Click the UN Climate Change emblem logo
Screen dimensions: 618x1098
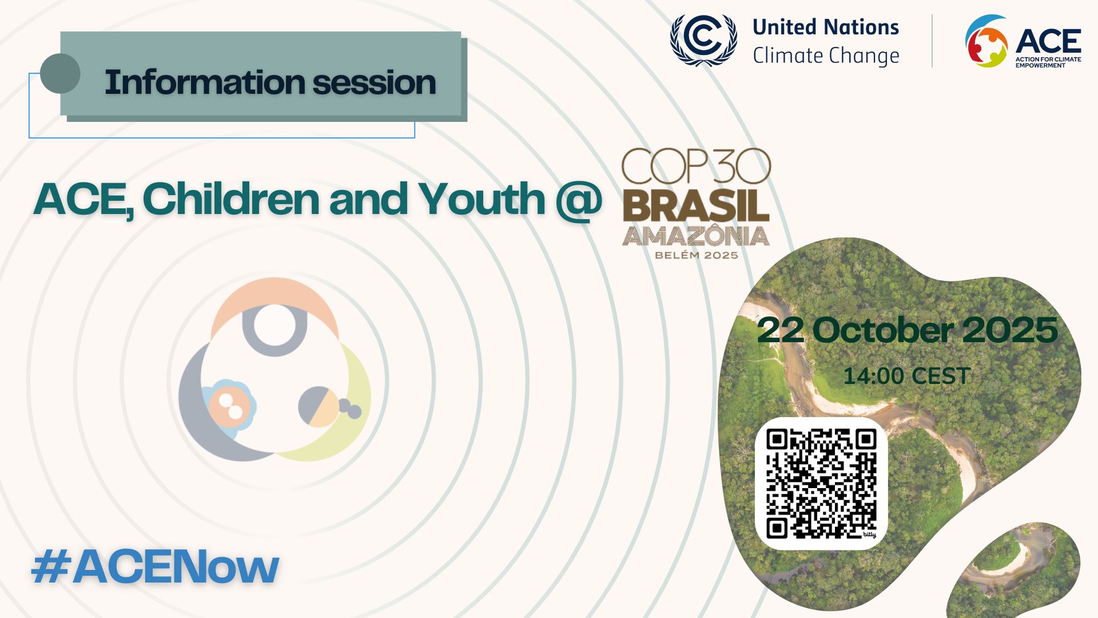pyautogui.click(x=703, y=40)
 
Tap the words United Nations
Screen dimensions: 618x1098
pyautogui.click(x=825, y=27)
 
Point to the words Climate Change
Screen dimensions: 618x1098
pyautogui.click(x=825, y=56)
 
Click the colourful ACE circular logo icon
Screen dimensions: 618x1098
pyautogui.click(x=986, y=41)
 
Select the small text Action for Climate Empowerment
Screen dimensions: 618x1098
pyautogui.click(x=1048, y=62)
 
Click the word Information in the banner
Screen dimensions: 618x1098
pyautogui.click(x=204, y=82)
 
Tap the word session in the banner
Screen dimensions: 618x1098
pyautogui.click(x=374, y=82)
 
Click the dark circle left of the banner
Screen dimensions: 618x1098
pyautogui.click(x=60, y=73)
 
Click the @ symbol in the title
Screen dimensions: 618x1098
pyautogui.click(x=578, y=199)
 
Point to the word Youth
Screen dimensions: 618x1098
pyautogui.click(x=482, y=199)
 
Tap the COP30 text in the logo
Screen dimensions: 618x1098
pyautogui.click(x=696, y=167)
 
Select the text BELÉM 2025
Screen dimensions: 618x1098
pyautogui.click(x=696, y=255)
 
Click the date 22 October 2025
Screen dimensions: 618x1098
pyautogui.click(x=907, y=330)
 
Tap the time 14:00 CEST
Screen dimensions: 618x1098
pyautogui.click(x=906, y=376)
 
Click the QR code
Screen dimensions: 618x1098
pyautogui.click(x=821, y=484)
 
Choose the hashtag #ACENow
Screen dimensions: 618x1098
pyautogui.click(x=155, y=567)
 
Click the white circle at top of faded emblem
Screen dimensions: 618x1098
pyautogui.click(x=274, y=325)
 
